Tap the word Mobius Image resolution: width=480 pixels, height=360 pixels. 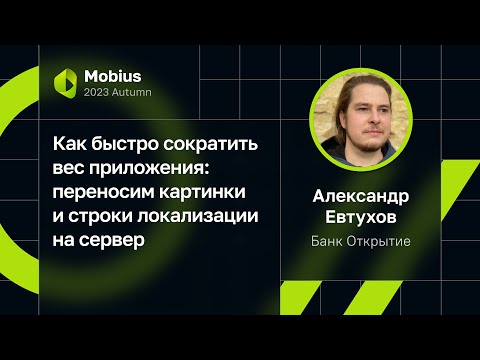click(x=112, y=75)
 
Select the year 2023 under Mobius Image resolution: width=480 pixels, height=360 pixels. click(x=100, y=92)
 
